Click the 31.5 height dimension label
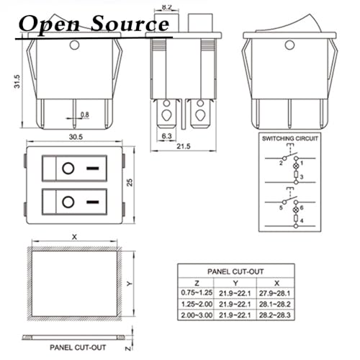click(x=17, y=81)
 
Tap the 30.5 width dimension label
click(x=76, y=137)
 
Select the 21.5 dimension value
click(x=184, y=146)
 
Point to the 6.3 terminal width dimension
click(x=166, y=136)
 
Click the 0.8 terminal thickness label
click(x=85, y=114)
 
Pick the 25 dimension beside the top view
click(x=130, y=182)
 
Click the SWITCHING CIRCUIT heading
click(x=290, y=138)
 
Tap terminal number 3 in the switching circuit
click(x=302, y=177)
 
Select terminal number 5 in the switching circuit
click(x=281, y=207)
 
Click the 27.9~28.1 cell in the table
click(x=275, y=293)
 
